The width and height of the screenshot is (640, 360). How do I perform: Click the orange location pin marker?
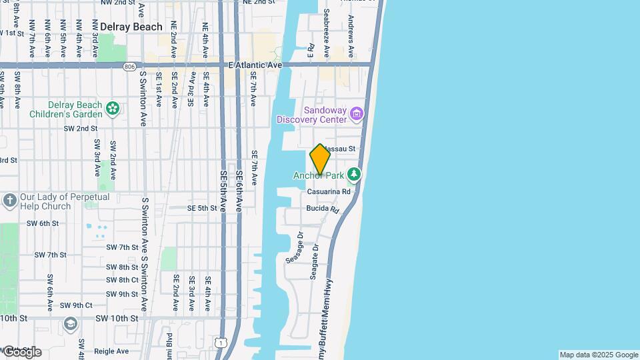click(x=320, y=160)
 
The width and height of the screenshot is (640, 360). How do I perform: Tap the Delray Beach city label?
click(x=131, y=27)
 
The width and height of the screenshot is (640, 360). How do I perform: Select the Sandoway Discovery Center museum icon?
click(x=357, y=114)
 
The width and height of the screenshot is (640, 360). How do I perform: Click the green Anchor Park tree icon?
click(x=354, y=175)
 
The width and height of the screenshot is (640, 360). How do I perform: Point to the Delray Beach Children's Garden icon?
click(x=113, y=107)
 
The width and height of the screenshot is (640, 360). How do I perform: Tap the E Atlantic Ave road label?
click(x=255, y=65)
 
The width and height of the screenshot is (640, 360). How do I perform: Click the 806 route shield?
click(x=129, y=67)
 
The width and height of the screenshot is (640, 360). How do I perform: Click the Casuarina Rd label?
click(x=329, y=192)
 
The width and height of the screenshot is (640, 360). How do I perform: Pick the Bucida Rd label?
click(x=323, y=209)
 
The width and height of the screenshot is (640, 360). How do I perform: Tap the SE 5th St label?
click(x=202, y=208)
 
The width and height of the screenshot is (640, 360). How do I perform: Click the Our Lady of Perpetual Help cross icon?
click(x=9, y=200)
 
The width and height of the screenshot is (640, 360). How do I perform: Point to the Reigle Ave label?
click(x=111, y=351)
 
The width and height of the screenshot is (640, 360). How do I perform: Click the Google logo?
click(x=21, y=351)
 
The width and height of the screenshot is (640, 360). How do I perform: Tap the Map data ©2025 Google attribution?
click(x=599, y=355)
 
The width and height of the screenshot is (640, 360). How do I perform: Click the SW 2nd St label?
click(x=81, y=128)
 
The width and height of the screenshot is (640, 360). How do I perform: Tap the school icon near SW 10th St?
click(x=70, y=323)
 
